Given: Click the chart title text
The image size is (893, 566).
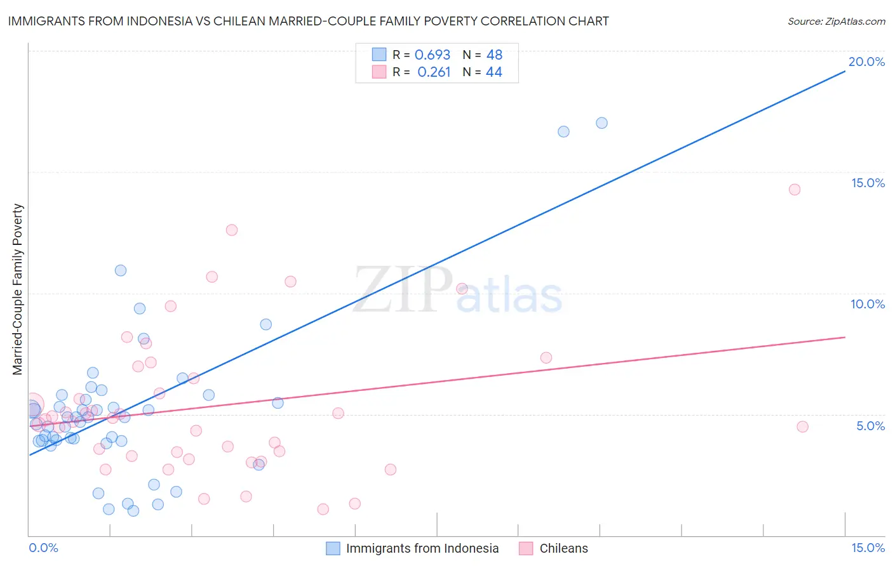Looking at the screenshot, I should (x=308, y=21).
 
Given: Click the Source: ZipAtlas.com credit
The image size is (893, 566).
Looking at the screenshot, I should (x=836, y=21).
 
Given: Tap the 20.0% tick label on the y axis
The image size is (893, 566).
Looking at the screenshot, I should (x=866, y=62).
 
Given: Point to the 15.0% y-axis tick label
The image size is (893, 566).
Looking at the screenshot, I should (x=868, y=183).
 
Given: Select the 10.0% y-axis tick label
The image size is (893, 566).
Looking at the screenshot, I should (x=868, y=304).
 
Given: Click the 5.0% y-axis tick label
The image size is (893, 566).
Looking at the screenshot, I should (x=870, y=426).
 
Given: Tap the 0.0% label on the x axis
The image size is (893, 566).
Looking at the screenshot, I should (x=43, y=548).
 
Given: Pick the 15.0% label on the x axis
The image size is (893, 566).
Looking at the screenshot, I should (x=868, y=548).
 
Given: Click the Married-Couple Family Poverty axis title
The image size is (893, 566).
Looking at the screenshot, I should (x=18, y=289).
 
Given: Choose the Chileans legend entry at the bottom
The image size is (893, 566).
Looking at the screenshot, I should (x=563, y=548).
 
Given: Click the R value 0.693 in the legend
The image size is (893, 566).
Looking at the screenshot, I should (x=432, y=55).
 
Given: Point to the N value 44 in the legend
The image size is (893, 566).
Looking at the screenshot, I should (x=493, y=72).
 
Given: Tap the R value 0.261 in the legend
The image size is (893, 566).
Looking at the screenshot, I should (x=434, y=72).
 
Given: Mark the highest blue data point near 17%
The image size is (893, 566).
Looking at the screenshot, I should (x=601, y=123).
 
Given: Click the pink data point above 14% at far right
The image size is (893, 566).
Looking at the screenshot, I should (x=794, y=190).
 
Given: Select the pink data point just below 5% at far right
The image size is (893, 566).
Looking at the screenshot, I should (x=802, y=427).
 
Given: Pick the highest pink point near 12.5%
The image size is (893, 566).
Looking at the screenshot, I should (x=232, y=230).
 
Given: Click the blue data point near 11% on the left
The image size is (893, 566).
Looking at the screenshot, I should (x=121, y=270).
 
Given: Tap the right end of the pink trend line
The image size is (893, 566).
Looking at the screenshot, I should (x=845, y=337).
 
